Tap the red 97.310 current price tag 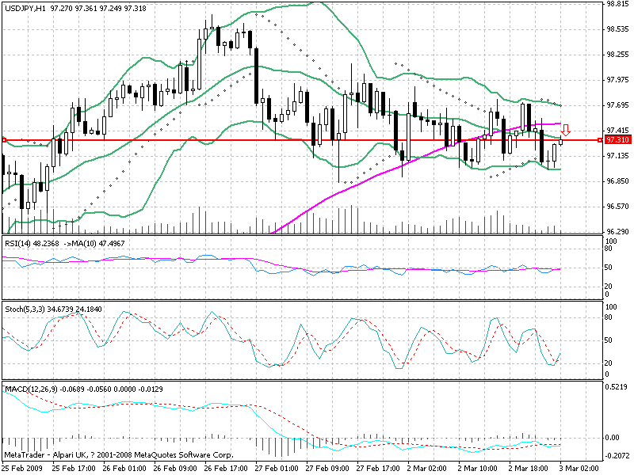pyautogui.click(x=617, y=139)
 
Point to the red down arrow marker pyautogui.click(x=567, y=129)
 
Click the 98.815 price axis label pyautogui.click(x=616, y=4)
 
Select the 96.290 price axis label pyautogui.click(x=616, y=231)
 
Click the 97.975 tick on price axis pyautogui.click(x=616, y=80)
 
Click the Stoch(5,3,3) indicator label pyautogui.click(x=24, y=308)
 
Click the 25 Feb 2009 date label pyautogui.click(x=23, y=469)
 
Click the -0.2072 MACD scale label pyautogui.click(x=617, y=456)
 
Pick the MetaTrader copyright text pyautogui.click(x=119, y=456)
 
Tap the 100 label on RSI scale pyautogui.click(x=610, y=239)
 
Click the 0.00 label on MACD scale pyautogui.click(x=613, y=437)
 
